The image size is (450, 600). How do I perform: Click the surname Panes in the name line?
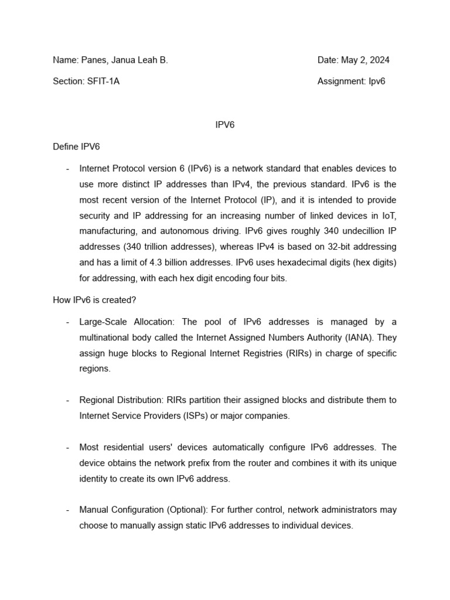[91, 60]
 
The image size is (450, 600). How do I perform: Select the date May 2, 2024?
[365, 60]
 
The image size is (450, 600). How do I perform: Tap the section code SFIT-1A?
[103, 81]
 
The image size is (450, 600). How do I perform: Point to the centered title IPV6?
[225, 125]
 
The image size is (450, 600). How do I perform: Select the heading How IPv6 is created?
[94, 300]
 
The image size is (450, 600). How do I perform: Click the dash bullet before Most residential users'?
[67, 447]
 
